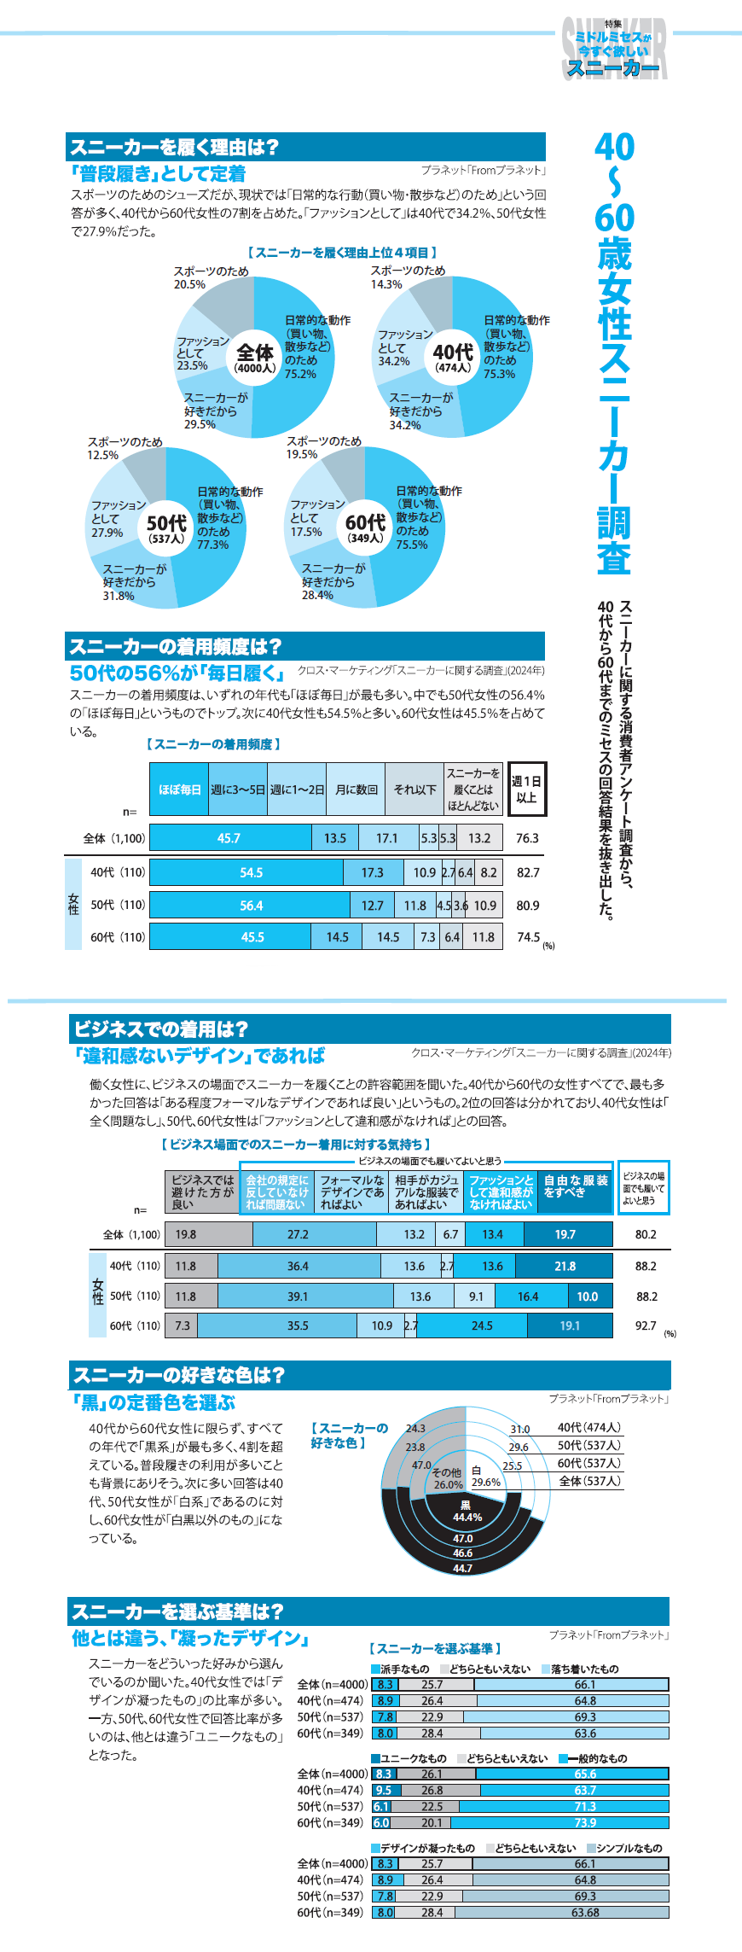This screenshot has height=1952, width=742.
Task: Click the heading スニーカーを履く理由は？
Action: [x=175, y=147]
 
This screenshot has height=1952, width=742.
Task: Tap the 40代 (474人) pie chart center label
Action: [x=452, y=358]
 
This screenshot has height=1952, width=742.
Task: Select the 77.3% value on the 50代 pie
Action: [x=212, y=545]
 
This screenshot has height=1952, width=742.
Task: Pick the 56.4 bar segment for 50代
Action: [x=251, y=906]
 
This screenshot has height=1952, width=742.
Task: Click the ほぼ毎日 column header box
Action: [x=179, y=790]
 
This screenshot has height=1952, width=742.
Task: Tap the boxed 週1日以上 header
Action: [x=526, y=790]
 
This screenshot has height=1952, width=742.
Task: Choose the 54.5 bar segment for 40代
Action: [x=251, y=872]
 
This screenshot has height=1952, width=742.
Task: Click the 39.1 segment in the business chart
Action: [x=298, y=1296]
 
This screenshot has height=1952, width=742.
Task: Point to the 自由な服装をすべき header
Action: [x=576, y=1187]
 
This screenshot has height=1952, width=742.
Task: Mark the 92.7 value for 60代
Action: [x=646, y=1326]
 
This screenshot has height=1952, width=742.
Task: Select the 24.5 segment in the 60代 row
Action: [x=482, y=1326]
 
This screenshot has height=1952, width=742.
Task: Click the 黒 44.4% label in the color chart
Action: [x=467, y=1511]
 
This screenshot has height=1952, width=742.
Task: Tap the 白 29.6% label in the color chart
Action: [x=485, y=1477]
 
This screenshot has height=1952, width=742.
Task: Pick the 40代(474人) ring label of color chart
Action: [x=589, y=1427]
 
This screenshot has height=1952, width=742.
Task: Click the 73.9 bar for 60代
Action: [x=585, y=1822]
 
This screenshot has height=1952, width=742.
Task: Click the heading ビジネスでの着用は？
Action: [x=161, y=1029]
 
